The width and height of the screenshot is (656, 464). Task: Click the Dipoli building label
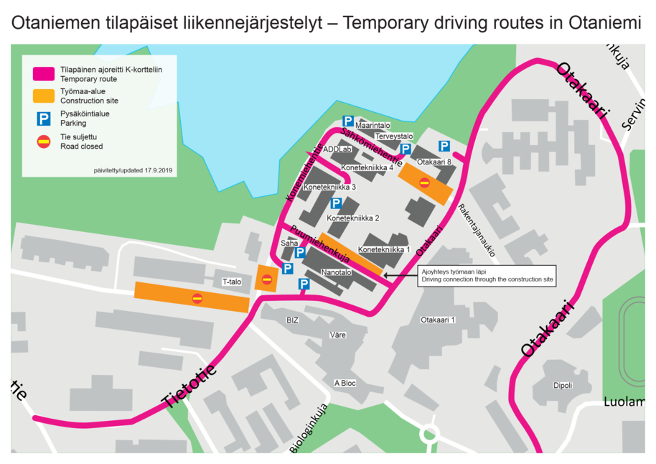563,385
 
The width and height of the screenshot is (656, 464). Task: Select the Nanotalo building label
336,273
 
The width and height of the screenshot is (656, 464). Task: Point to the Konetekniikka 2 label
352,218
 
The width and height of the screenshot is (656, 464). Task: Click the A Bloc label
345,383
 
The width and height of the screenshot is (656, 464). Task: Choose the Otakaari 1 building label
439,320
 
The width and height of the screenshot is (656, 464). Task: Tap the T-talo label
232,282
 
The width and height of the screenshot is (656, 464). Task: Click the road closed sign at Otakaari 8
424,182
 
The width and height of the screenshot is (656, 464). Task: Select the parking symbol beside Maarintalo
348,121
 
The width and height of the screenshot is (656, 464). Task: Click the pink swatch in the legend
44,74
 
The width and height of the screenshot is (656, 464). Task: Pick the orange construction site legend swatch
44,96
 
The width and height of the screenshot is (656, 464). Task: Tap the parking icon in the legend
44,119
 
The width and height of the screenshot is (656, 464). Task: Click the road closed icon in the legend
44,141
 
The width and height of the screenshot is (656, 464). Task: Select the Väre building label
337,335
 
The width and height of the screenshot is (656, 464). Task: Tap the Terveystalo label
394,136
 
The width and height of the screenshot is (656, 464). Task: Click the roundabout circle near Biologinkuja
429,433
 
